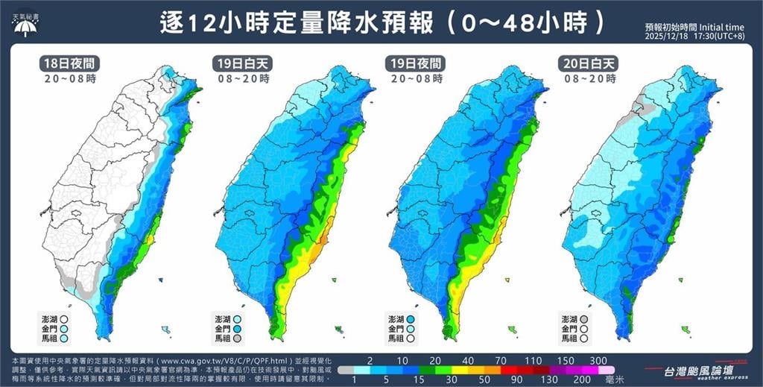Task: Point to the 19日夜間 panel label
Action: coord(414,63)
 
